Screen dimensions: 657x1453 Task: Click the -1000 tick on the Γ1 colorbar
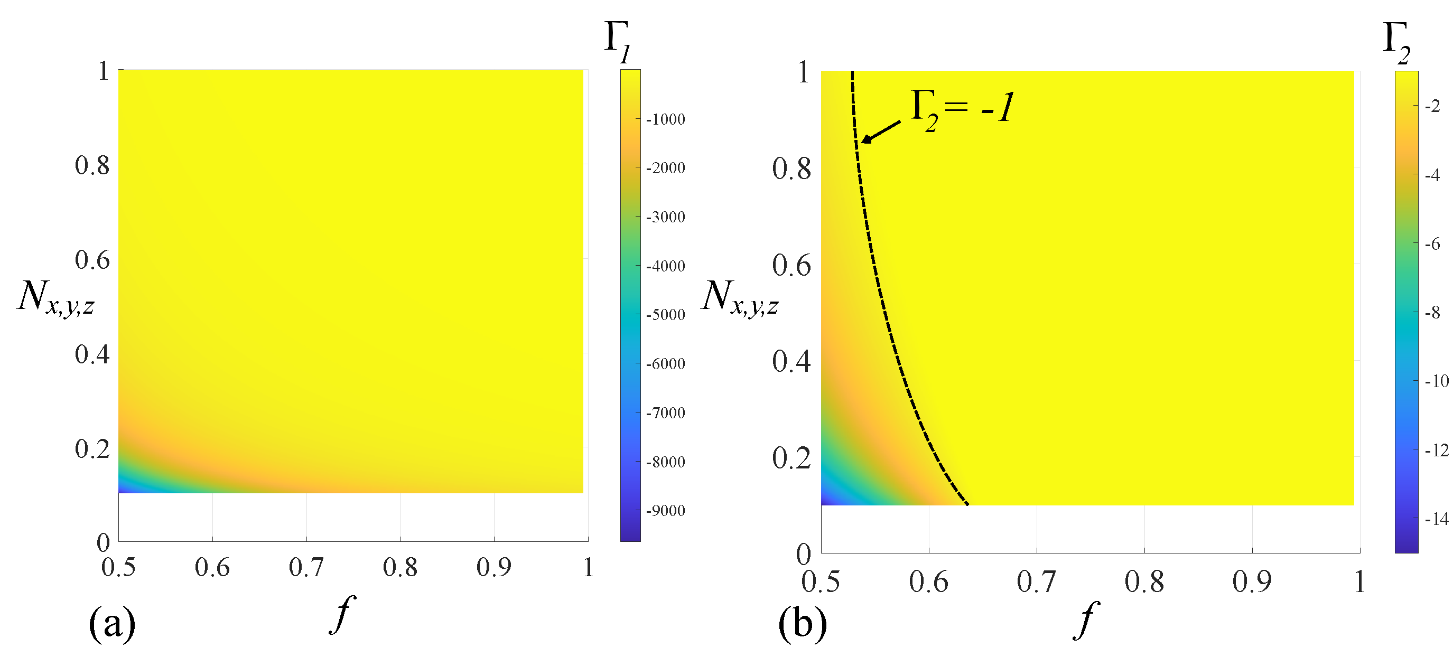click(x=665, y=119)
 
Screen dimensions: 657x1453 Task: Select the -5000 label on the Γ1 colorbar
click(x=665, y=315)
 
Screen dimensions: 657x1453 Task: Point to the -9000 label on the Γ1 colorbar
click(x=665, y=510)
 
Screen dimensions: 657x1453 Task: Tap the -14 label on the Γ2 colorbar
click(x=1436, y=519)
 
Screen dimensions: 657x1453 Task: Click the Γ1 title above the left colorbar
click(x=618, y=41)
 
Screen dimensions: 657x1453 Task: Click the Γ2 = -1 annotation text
click(x=962, y=108)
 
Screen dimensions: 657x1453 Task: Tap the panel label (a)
click(x=112, y=623)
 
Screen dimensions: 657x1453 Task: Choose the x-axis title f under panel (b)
click(x=1086, y=619)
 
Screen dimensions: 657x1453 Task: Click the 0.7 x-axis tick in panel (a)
click(x=306, y=567)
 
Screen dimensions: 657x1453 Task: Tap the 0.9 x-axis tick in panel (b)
click(x=1252, y=581)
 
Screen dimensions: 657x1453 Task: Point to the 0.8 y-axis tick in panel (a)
click(x=92, y=165)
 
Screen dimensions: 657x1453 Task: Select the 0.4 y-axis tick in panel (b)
click(x=791, y=361)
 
